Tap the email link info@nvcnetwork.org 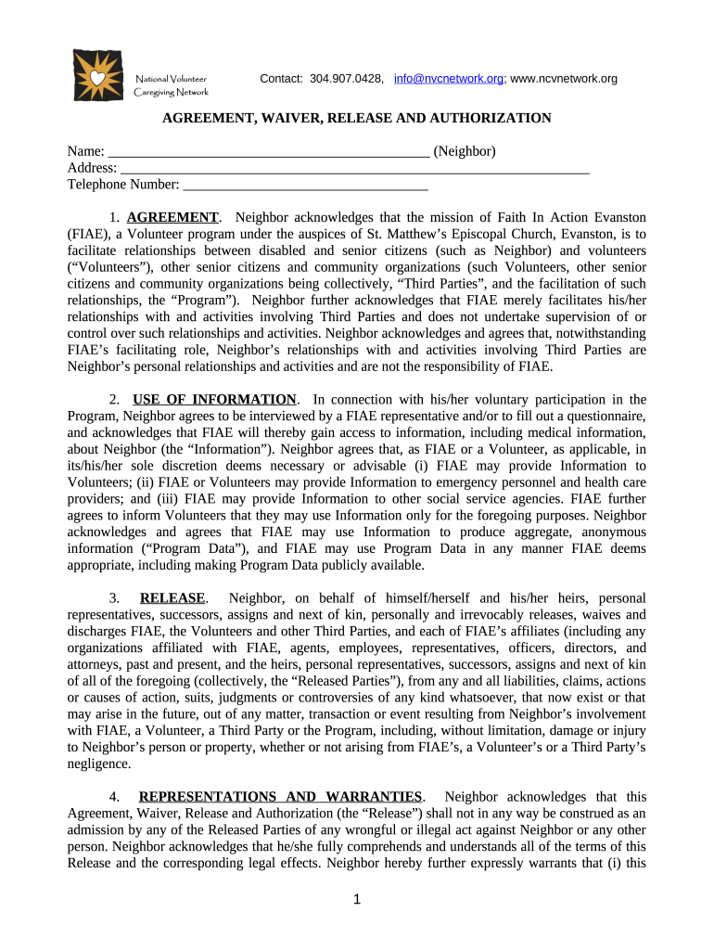coord(449,79)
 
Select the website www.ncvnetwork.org coord(564,79)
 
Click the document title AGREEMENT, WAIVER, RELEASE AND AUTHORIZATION coord(357,118)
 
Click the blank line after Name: coord(269,151)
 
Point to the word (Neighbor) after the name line coord(465,151)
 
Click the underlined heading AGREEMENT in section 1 coord(172,217)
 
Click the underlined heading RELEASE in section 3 coord(172,597)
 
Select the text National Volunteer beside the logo coord(172,79)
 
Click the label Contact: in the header coord(281,79)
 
